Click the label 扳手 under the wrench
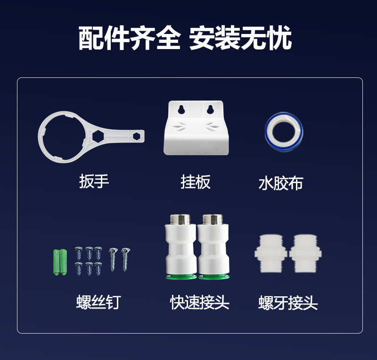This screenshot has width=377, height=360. [94, 181]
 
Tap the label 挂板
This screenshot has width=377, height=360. [196, 182]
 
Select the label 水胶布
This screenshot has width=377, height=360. [280, 183]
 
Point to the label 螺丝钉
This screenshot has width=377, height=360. [98, 302]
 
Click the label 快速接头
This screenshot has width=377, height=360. [199, 302]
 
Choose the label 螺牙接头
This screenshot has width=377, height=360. [288, 303]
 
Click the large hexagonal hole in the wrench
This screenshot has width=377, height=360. [98, 136]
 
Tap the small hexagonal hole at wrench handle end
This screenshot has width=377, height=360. [137, 136]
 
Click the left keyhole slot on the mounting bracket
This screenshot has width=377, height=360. [181, 109]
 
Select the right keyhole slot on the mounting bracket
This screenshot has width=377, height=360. [210, 109]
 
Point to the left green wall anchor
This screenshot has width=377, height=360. [56, 262]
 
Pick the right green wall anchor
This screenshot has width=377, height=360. [63, 262]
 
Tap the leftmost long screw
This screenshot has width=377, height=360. [113, 260]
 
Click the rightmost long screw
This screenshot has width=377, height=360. [125, 260]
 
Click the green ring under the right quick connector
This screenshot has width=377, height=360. [214, 277]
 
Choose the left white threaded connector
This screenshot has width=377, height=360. [271, 253]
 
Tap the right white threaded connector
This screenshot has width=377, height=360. [305, 253]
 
